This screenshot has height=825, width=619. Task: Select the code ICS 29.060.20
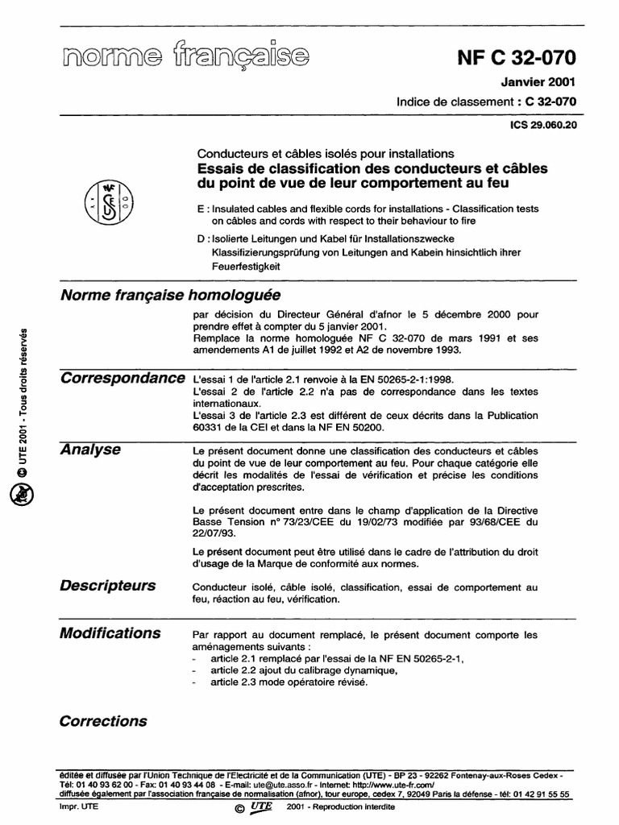(x=543, y=126)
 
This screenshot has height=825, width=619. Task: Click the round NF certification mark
(x=109, y=201)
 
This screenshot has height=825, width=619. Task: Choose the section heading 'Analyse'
(x=90, y=450)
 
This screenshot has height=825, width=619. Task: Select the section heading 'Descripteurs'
(x=108, y=585)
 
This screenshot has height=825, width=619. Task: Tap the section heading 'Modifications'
(x=110, y=632)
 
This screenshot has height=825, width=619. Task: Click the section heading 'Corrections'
(x=103, y=721)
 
